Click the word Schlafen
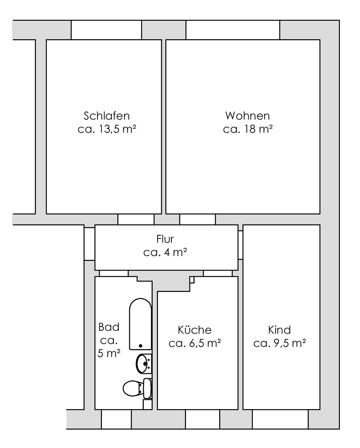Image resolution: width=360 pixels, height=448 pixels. (106, 116)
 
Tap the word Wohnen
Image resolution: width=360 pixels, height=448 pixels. (247, 116)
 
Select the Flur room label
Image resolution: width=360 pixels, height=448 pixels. (165, 239)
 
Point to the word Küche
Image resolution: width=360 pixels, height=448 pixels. (195, 330)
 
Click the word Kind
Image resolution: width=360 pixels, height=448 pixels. (279, 330)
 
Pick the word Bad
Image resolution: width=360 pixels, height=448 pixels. (109, 327)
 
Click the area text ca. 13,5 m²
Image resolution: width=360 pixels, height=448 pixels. (107, 129)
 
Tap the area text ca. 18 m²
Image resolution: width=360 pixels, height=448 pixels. (248, 129)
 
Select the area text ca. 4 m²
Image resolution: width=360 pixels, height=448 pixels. (165, 252)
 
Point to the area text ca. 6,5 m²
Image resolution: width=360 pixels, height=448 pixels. (195, 343)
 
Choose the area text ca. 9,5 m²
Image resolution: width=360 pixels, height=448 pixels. (279, 343)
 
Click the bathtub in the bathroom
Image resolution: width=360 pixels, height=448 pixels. (140, 324)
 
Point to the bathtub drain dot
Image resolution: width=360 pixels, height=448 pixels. (140, 346)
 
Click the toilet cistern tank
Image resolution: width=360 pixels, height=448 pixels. (148, 389)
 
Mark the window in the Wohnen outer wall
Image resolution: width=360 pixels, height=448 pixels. (233, 30)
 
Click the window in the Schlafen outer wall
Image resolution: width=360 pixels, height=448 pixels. (106, 30)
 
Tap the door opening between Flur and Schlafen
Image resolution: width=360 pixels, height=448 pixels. (136, 219)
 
